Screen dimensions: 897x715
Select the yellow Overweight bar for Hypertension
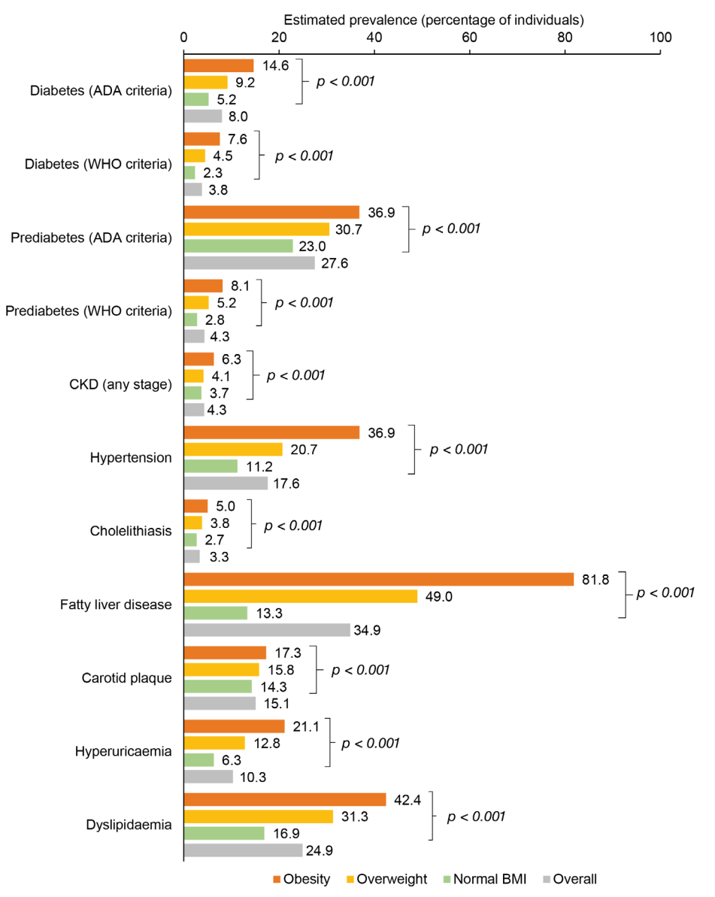(x=233, y=449)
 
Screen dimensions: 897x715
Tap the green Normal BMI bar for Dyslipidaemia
(x=224, y=833)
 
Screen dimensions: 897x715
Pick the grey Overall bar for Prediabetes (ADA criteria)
(x=250, y=262)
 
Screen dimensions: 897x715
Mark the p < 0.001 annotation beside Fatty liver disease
(x=665, y=593)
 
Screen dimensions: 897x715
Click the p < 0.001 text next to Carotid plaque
(x=360, y=669)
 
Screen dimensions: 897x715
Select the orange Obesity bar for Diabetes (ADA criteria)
(x=219, y=65)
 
